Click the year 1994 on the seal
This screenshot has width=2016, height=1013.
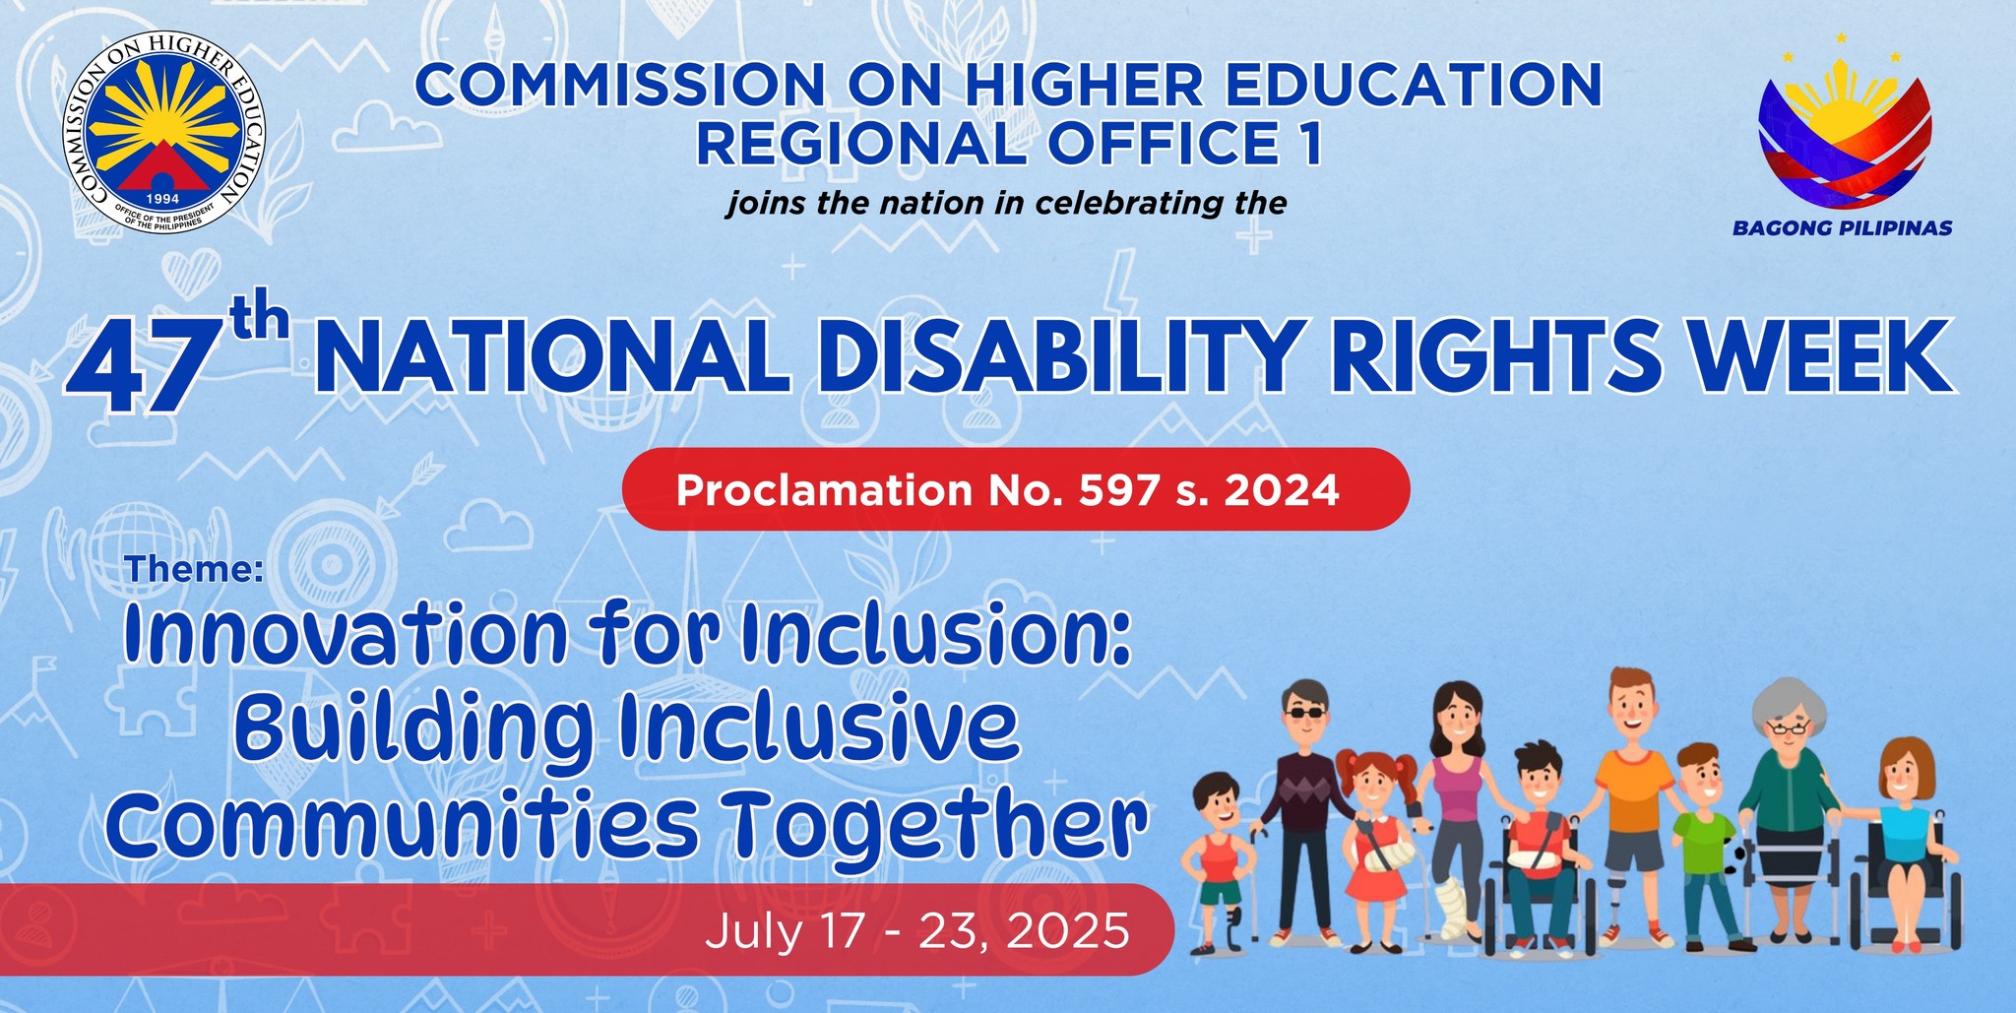pos(163,198)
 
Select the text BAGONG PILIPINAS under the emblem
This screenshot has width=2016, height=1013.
pos(1843,228)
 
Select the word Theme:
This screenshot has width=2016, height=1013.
pos(195,568)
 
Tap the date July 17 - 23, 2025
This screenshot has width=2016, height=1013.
pos(917,929)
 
